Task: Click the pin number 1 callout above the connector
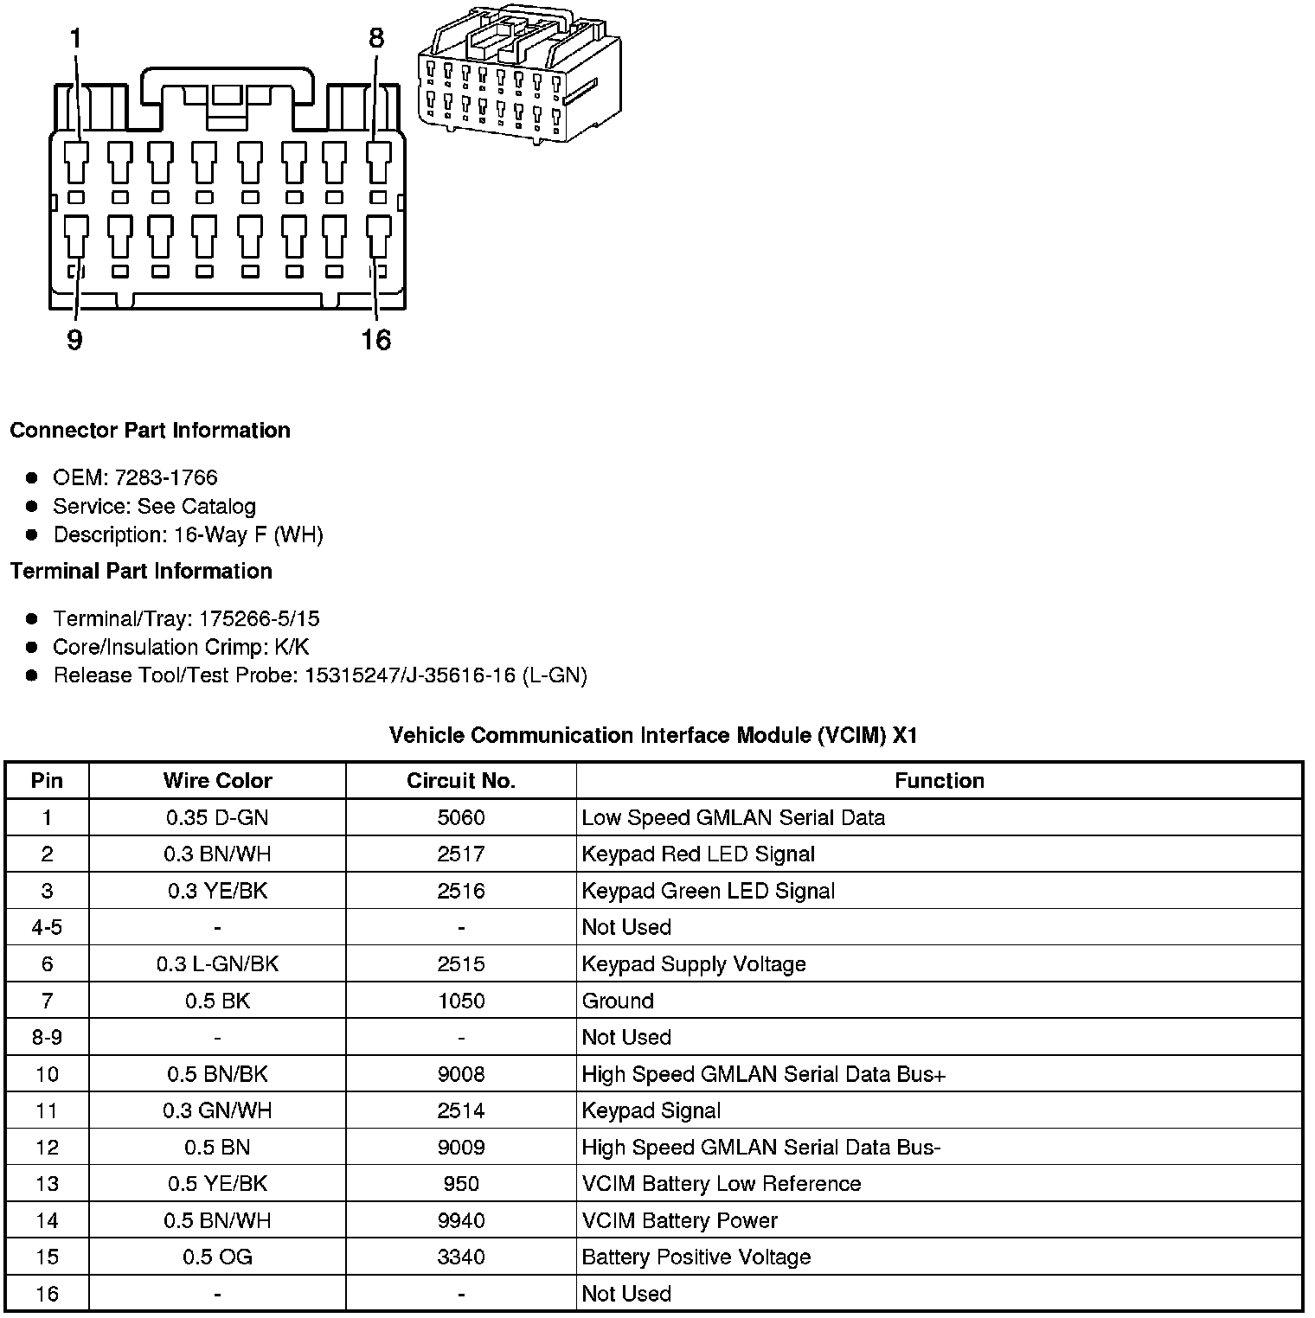tap(76, 38)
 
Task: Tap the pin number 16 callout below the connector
tap(376, 340)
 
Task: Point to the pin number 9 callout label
tap(75, 340)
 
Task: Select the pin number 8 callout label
tap(376, 38)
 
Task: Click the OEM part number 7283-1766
tap(165, 477)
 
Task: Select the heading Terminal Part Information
tap(141, 571)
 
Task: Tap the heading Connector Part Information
tap(150, 430)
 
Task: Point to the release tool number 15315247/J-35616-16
tap(411, 675)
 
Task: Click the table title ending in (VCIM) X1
tap(653, 735)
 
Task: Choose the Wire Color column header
tap(217, 781)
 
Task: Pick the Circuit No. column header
tap(461, 781)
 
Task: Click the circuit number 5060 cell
tap(461, 817)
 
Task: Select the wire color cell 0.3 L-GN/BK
tap(217, 963)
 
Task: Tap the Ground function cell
tap(618, 1001)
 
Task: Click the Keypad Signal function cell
tap(651, 1110)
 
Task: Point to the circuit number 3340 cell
tap(461, 1257)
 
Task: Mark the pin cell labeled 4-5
tap(47, 927)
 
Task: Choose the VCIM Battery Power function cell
tap(679, 1220)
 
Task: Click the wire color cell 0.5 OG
tap(217, 1257)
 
